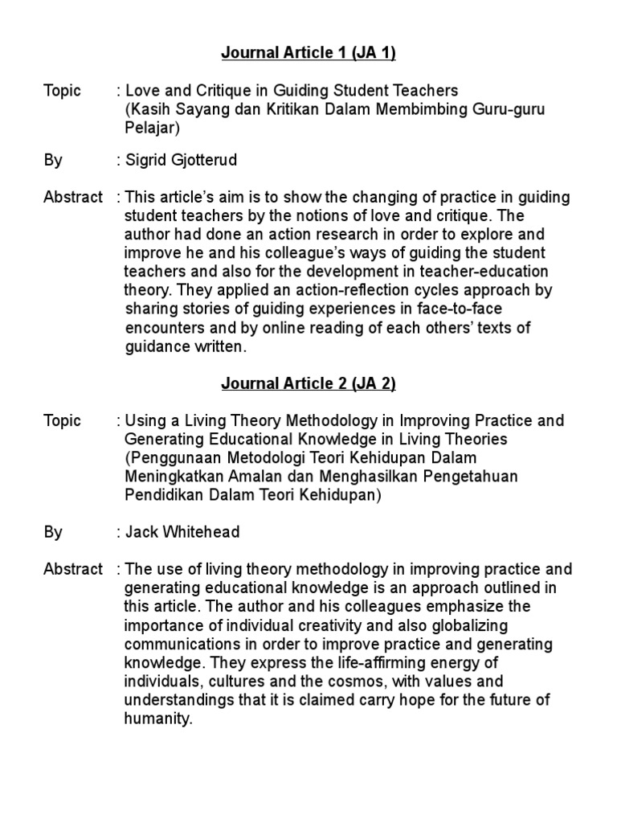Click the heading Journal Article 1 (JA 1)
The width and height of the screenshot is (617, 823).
pos(308,54)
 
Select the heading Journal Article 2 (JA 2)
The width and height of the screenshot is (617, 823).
pos(308,384)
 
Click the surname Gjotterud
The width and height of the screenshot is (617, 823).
pos(205,161)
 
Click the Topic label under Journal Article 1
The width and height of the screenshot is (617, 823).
pos(62,91)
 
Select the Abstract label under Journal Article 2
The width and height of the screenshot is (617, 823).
pos(73,570)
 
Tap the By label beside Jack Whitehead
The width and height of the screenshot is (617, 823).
pos(53,533)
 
